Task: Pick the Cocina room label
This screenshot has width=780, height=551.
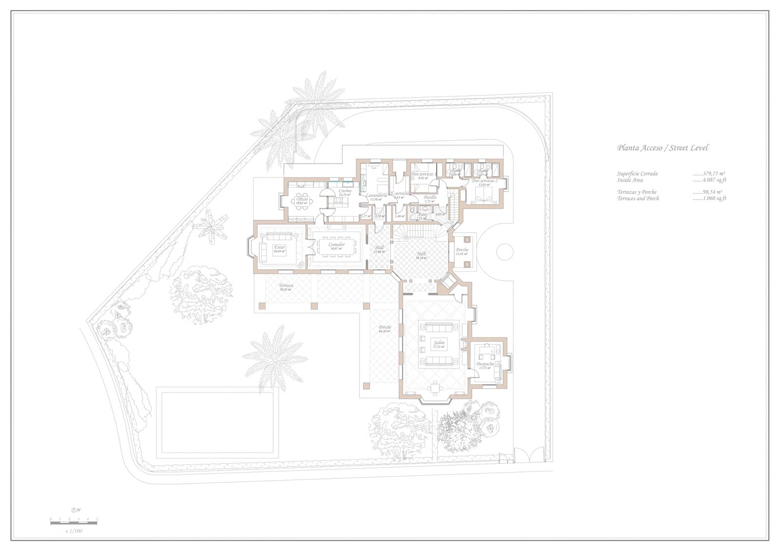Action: coord(345,192)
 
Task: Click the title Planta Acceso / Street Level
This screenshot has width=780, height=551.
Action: coord(663,148)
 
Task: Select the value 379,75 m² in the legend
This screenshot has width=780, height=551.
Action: coord(713,174)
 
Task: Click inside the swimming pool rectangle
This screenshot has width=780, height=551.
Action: coord(215,422)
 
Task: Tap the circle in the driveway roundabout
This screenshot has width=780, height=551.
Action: coord(505,252)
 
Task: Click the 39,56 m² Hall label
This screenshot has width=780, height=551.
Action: coord(421,255)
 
